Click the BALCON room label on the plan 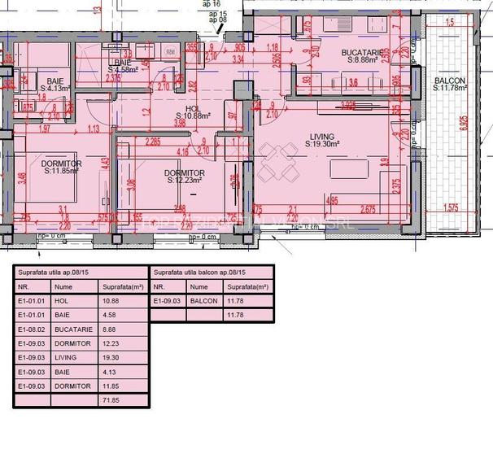click(x=449, y=81)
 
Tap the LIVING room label click(x=323, y=137)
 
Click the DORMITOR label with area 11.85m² click(x=61, y=164)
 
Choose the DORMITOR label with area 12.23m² click(x=184, y=173)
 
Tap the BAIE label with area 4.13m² click(x=55, y=82)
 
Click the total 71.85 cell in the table click(x=110, y=401)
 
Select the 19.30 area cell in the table click(x=110, y=358)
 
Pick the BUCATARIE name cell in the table click(x=73, y=329)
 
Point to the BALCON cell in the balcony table click(x=204, y=301)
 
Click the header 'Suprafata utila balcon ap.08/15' click(x=199, y=273)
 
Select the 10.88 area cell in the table click(x=110, y=301)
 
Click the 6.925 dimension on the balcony click(x=464, y=122)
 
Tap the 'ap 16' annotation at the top click(x=214, y=4)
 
